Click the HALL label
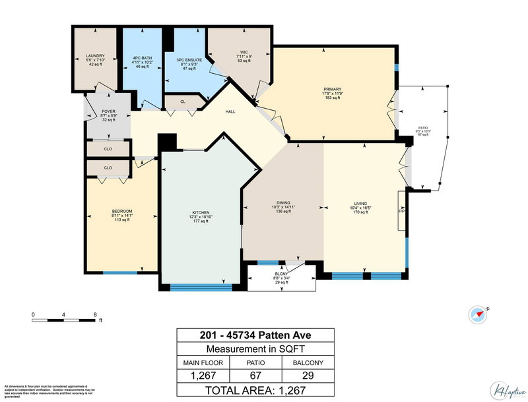tap(230, 111)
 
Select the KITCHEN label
tap(200, 213)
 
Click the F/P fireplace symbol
tap(401, 212)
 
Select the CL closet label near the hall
tap(183, 102)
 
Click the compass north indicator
tap(478, 315)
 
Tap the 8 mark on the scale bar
tap(95, 314)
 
